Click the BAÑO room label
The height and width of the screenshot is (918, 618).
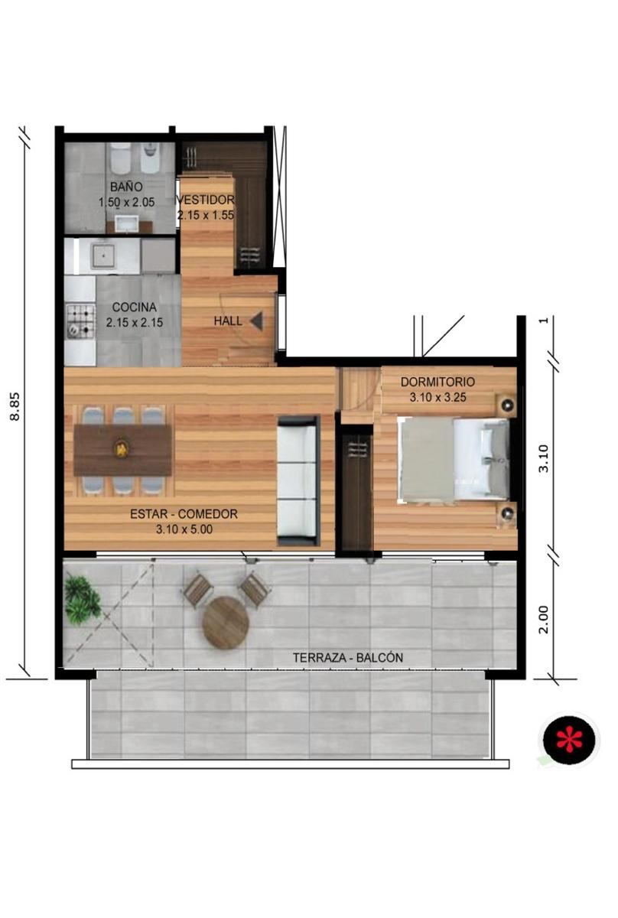click(126, 187)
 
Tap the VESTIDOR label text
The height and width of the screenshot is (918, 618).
click(205, 200)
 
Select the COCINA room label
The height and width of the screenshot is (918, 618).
click(135, 307)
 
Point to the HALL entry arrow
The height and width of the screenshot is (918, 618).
click(256, 321)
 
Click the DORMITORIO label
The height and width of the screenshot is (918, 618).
click(437, 382)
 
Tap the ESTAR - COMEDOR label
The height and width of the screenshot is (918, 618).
click(184, 514)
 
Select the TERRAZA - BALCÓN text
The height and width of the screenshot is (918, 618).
click(348, 658)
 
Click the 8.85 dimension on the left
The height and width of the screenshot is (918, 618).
click(15, 407)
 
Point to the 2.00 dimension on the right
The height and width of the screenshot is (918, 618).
click(543, 620)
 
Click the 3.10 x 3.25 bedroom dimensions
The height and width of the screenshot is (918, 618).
click(437, 398)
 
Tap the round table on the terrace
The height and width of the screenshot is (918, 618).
click(226, 623)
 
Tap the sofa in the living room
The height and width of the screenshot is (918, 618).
click(298, 480)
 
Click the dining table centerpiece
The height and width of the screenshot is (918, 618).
click(122, 450)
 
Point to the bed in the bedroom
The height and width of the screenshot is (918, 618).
click(454, 459)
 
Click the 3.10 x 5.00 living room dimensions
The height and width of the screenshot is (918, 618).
click(184, 529)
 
